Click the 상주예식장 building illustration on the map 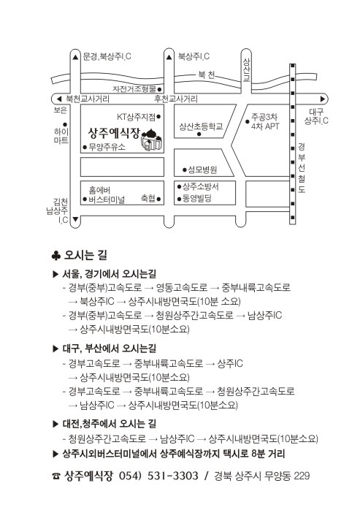[152, 140]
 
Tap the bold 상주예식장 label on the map [114, 133]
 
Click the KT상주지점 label [136, 117]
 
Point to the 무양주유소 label [107, 147]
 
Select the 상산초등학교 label [201, 126]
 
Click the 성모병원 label [202, 170]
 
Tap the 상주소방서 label [201, 186]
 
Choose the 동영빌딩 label [197, 199]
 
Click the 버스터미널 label [107, 199]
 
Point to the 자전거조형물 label [134, 89]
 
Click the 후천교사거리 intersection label [176, 99]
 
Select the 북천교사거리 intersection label [88, 99]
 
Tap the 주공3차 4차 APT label [264, 121]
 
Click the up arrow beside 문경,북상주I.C [76, 57]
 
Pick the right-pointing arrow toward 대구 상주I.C [323, 99]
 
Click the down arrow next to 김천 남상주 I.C [75, 219]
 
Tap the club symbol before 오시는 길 [55, 256]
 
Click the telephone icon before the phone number [55, 476]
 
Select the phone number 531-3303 [172, 476]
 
